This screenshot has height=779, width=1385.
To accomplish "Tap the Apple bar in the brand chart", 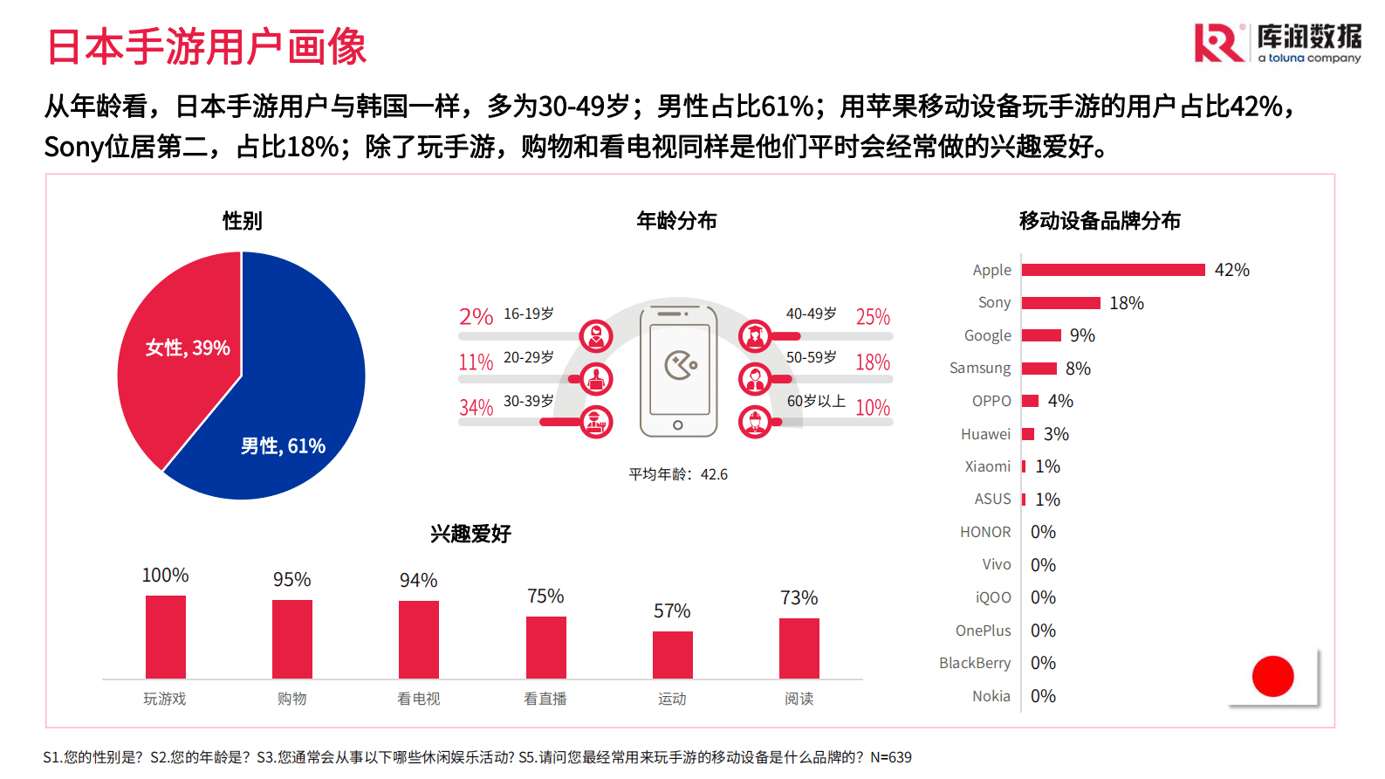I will pyautogui.click(x=1113, y=270).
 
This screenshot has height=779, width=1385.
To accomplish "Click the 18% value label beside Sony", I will pyautogui.click(x=1127, y=303).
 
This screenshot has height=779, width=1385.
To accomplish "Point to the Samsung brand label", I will pyautogui.click(x=980, y=369).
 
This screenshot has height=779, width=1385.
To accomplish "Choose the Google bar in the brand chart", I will pyautogui.click(x=1041, y=335).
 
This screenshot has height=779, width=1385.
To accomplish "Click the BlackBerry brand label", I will pyautogui.click(x=975, y=663).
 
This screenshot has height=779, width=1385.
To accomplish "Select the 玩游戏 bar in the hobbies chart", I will pyautogui.click(x=166, y=637).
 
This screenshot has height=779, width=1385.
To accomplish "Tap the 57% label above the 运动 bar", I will pyautogui.click(x=672, y=611).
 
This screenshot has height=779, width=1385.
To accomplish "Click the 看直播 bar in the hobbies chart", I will pyautogui.click(x=546, y=647).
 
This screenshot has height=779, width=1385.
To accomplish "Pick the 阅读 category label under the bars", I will pyautogui.click(x=799, y=699).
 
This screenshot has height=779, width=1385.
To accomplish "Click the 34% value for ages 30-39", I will pyautogui.click(x=477, y=408).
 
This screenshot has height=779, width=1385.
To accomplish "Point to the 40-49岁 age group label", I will pyautogui.click(x=811, y=314).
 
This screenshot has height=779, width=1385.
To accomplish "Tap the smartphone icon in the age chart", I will pyautogui.click(x=678, y=371).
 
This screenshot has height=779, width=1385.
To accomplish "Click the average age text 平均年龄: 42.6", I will pyautogui.click(x=678, y=474).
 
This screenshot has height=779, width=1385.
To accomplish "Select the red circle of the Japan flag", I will pyautogui.click(x=1272, y=676).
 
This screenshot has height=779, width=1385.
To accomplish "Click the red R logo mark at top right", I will pyautogui.click(x=1218, y=44).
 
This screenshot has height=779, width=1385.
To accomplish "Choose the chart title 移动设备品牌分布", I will pyautogui.click(x=1100, y=221).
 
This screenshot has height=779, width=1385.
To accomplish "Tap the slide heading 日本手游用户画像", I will pyautogui.click(x=206, y=47).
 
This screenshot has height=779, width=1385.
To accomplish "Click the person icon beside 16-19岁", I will pyautogui.click(x=596, y=335).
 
